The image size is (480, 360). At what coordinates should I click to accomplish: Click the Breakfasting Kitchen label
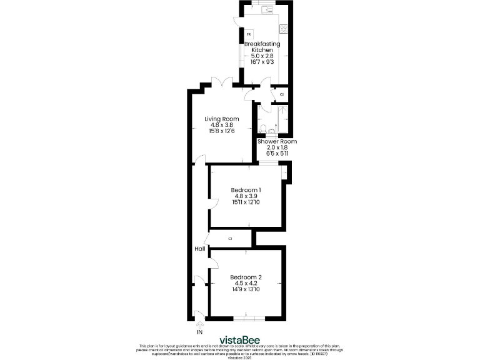(x=262, y=47)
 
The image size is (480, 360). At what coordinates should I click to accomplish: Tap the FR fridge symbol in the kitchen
(x=249, y=34)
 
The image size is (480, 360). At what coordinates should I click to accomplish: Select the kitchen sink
(x=266, y=9)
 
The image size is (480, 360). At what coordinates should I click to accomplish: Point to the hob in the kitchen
(x=284, y=28)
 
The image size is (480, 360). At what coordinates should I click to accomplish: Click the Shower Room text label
(x=277, y=142)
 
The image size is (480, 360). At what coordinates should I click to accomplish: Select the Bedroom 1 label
(x=246, y=189)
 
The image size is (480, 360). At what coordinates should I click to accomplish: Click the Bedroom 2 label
(x=246, y=277)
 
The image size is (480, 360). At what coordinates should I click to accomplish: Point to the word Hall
(x=200, y=249)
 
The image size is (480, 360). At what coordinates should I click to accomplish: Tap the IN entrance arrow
(x=200, y=324)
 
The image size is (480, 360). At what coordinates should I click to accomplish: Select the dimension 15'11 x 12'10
(x=246, y=202)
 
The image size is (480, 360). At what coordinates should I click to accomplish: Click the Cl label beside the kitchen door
(x=282, y=94)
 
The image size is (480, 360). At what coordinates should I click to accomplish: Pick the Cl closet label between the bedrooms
(x=231, y=239)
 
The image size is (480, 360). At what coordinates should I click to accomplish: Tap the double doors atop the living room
(x=221, y=83)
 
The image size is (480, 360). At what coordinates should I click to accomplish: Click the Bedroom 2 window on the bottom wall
(x=246, y=319)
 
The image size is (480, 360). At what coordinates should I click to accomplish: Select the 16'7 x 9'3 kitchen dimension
(x=262, y=62)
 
